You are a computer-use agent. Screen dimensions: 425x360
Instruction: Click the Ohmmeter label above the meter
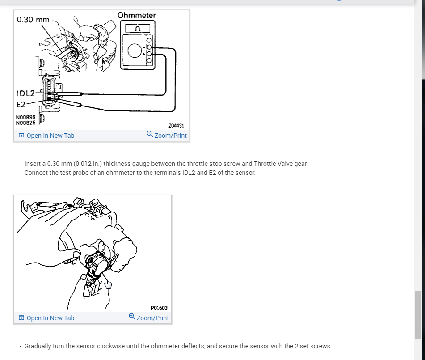(136, 15)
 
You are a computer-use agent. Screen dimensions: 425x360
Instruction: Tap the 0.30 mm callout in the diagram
(33, 20)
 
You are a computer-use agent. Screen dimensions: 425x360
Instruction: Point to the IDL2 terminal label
(26, 93)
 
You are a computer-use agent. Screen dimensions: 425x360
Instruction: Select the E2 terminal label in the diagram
(21, 105)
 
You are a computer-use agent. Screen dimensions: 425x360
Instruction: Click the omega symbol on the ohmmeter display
(138, 29)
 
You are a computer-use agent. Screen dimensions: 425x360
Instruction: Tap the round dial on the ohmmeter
(135, 51)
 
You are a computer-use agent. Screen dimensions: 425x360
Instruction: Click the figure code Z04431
(176, 126)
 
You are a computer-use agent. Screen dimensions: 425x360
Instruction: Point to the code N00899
(26, 117)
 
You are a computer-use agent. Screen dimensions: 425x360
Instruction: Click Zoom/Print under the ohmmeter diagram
(167, 135)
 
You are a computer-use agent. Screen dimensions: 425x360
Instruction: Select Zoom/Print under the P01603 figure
(149, 318)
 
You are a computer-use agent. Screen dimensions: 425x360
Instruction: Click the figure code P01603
(159, 308)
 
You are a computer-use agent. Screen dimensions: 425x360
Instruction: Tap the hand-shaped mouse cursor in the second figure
(108, 284)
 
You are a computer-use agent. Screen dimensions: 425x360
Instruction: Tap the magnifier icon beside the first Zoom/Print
(150, 134)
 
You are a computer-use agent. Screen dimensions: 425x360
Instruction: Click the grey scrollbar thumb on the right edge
(418, 315)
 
